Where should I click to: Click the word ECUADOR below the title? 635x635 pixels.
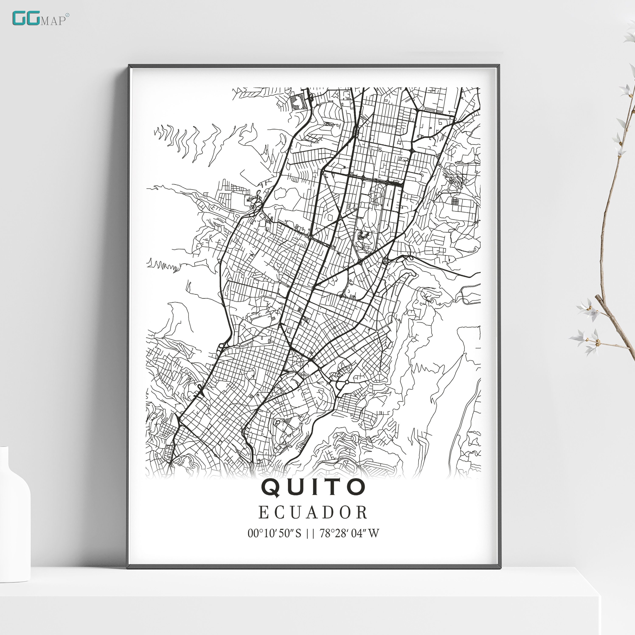pyautogui.click(x=313, y=513)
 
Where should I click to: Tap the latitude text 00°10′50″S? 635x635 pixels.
pyautogui.click(x=274, y=533)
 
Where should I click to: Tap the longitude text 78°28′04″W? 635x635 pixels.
pyautogui.click(x=349, y=533)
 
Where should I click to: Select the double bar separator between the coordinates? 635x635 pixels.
pyautogui.click(x=310, y=533)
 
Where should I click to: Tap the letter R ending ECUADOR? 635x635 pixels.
pyautogui.click(x=362, y=513)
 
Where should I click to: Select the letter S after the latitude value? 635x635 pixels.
pyautogui.click(x=298, y=533)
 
